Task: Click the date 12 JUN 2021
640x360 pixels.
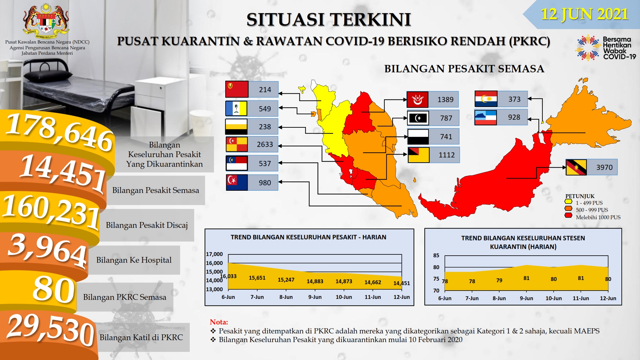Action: coord(584,14)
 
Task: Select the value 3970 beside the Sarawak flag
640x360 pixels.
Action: coord(604,167)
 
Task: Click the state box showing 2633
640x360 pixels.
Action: coord(252,144)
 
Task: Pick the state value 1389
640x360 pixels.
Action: coord(445,100)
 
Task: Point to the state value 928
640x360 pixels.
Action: coord(514,117)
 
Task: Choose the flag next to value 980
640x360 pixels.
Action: coord(237,182)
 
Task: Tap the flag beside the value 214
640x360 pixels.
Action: coord(237,89)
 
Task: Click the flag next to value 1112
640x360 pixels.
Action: coord(419,155)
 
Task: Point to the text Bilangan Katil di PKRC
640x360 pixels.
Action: coord(141,337)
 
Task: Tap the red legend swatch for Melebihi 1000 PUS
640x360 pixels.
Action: coord(568,215)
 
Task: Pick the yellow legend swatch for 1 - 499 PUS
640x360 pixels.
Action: coord(568,201)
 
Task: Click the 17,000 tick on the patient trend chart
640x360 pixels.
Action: coord(214,254)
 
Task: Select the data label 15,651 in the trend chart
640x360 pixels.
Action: coord(257,278)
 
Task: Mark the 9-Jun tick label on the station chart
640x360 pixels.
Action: coord(526,298)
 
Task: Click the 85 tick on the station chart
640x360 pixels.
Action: coord(436,255)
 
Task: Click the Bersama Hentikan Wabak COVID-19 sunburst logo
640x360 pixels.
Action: coord(588,48)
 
